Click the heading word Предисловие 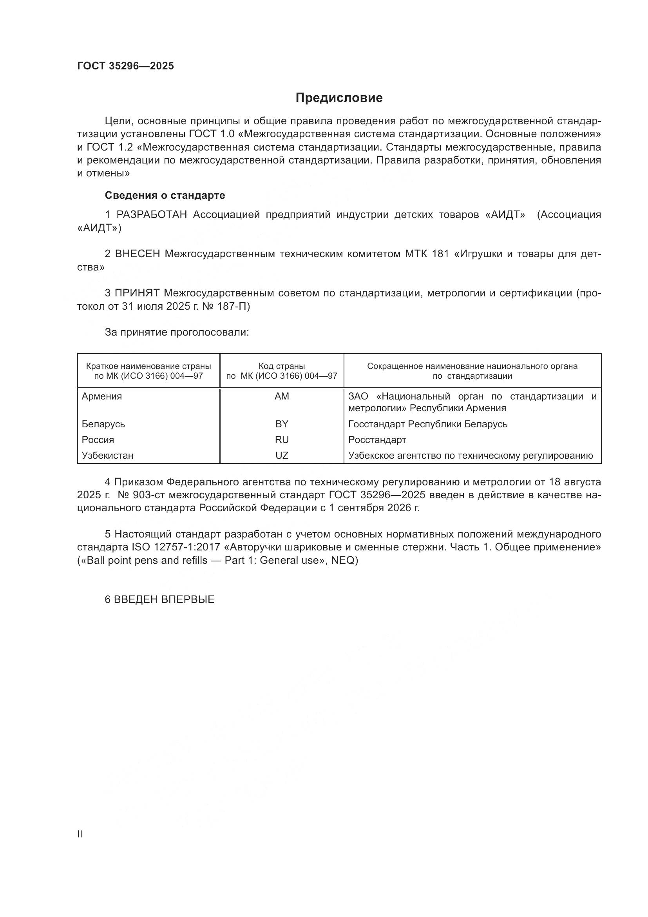coord(339,98)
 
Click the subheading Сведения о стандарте coord(165,195)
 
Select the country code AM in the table coord(282,396)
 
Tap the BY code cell coord(282,424)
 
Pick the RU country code coord(282,440)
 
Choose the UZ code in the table coord(282,455)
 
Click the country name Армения coord(102,396)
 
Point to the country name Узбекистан coord(107,455)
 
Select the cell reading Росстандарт coord(377,440)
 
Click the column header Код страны coord(282,366)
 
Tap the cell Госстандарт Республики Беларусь coord(428,424)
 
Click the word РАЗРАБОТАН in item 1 coord(152,215)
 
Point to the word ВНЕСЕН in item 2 coord(138,254)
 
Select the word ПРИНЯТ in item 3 coord(137,293)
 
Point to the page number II coord(80,834)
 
